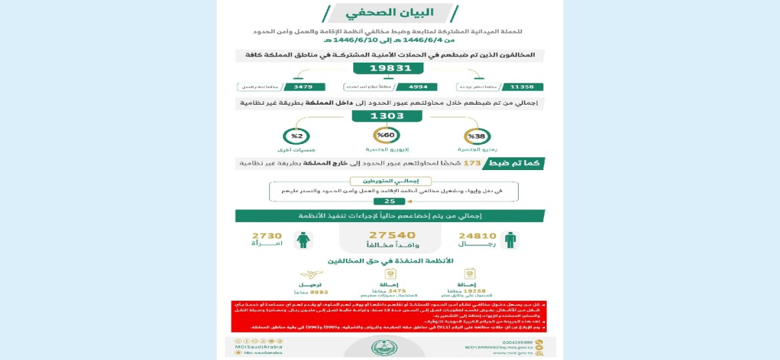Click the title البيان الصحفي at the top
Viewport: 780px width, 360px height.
click(x=389, y=13)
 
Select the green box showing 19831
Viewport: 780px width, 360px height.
click(x=389, y=68)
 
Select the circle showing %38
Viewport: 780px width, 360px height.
click(x=477, y=136)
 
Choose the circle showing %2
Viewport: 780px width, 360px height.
click(x=297, y=136)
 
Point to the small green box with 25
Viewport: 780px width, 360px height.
click(x=389, y=201)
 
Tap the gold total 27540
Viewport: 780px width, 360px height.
click(x=392, y=235)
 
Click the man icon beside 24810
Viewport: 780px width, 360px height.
click(x=511, y=240)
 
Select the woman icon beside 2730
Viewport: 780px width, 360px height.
click(x=303, y=240)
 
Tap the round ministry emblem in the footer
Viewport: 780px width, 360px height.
click(x=384, y=347)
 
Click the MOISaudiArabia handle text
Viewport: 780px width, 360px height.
click(x=261, y=347)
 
